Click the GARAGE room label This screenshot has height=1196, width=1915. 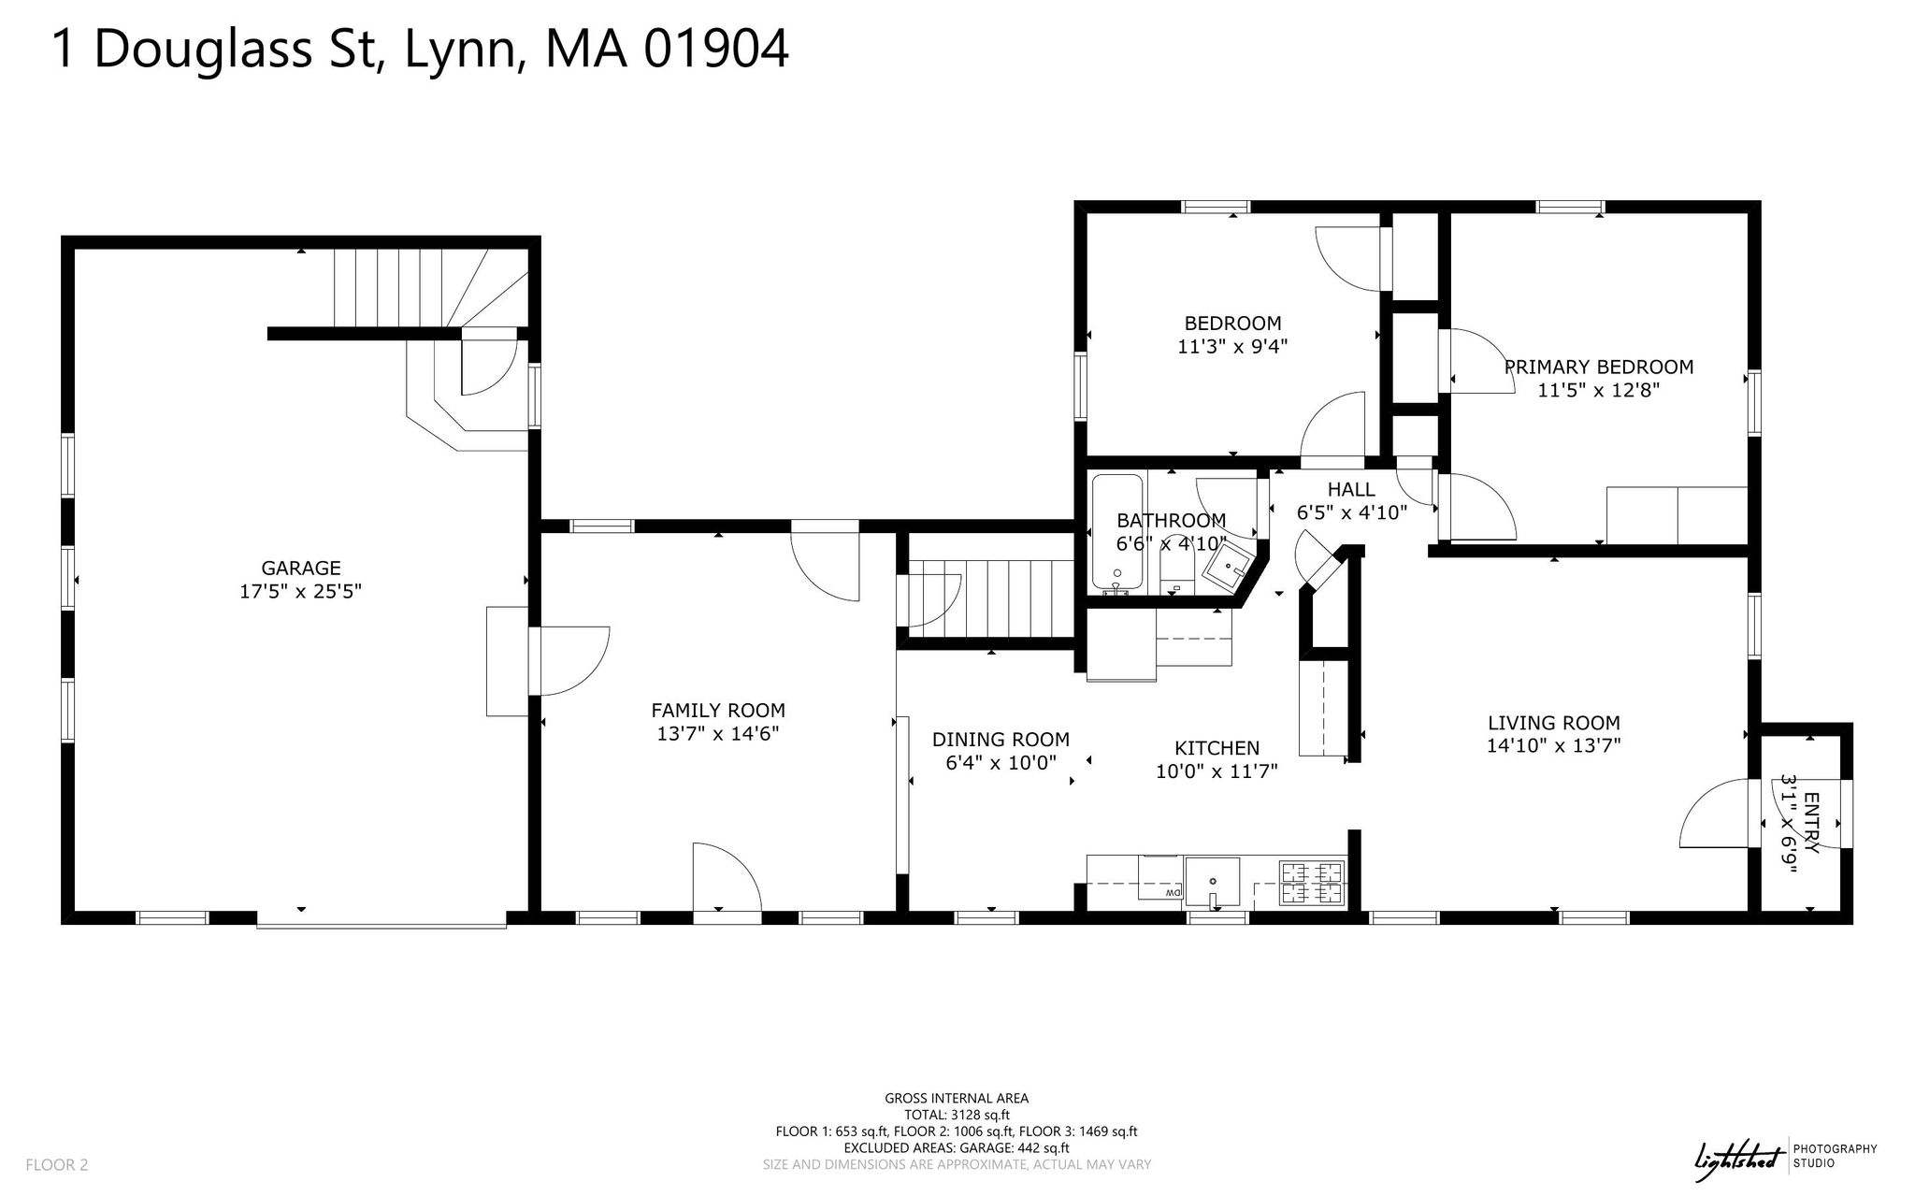click(300, 568)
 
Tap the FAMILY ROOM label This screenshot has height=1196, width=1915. click(718, 711)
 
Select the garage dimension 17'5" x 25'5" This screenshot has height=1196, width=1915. click(300, 592)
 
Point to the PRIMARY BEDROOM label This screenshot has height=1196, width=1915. click(1599, 367)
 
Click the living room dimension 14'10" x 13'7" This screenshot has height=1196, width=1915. click(1554, 746)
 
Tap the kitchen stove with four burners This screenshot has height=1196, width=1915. click(1312, 884)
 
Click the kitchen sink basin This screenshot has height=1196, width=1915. click(1213, 882)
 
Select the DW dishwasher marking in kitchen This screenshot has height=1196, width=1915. click(1173, 895)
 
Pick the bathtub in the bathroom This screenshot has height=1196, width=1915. click(1116, 533)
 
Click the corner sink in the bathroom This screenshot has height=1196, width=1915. click(1226, 565)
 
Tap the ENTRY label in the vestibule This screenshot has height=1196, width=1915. click(1811, 822)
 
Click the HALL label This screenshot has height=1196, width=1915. click(1351, 489)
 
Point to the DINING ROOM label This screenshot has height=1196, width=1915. click(1001, 740)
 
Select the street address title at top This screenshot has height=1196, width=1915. click(421, 49)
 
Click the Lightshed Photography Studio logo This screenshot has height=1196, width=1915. click(1786, 1157)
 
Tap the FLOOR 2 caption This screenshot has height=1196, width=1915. click(57, 1165)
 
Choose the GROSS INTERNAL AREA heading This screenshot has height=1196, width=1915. click(957, 1099)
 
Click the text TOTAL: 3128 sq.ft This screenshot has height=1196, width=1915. click(957, 1115)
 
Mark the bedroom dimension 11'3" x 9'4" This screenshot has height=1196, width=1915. click(1232, 347)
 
